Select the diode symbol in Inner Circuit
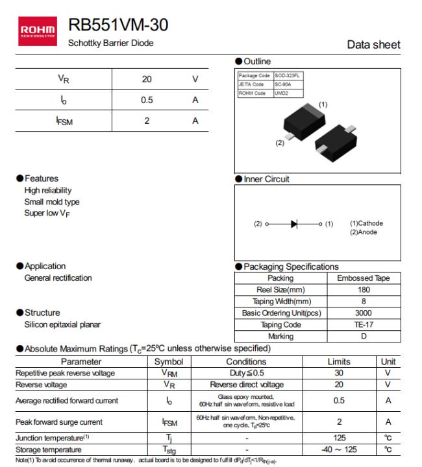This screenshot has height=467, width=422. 294,224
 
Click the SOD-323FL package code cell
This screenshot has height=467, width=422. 288,76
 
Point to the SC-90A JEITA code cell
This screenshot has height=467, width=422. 282,84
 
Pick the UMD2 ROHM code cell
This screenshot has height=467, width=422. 280,93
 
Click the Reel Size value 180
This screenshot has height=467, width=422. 364,290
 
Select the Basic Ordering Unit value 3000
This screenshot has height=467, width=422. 364,313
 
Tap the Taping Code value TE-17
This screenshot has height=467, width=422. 364,325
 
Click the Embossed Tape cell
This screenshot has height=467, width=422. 364,278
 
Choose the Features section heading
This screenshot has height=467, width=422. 41,178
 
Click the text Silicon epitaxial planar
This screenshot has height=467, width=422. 62,324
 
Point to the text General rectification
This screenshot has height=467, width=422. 58,278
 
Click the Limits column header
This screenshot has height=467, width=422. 339,362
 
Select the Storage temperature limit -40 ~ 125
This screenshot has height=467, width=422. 339,449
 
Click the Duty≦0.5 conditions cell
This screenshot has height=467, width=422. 246,373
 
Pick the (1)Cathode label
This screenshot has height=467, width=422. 366,223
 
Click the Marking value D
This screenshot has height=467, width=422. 364,337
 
